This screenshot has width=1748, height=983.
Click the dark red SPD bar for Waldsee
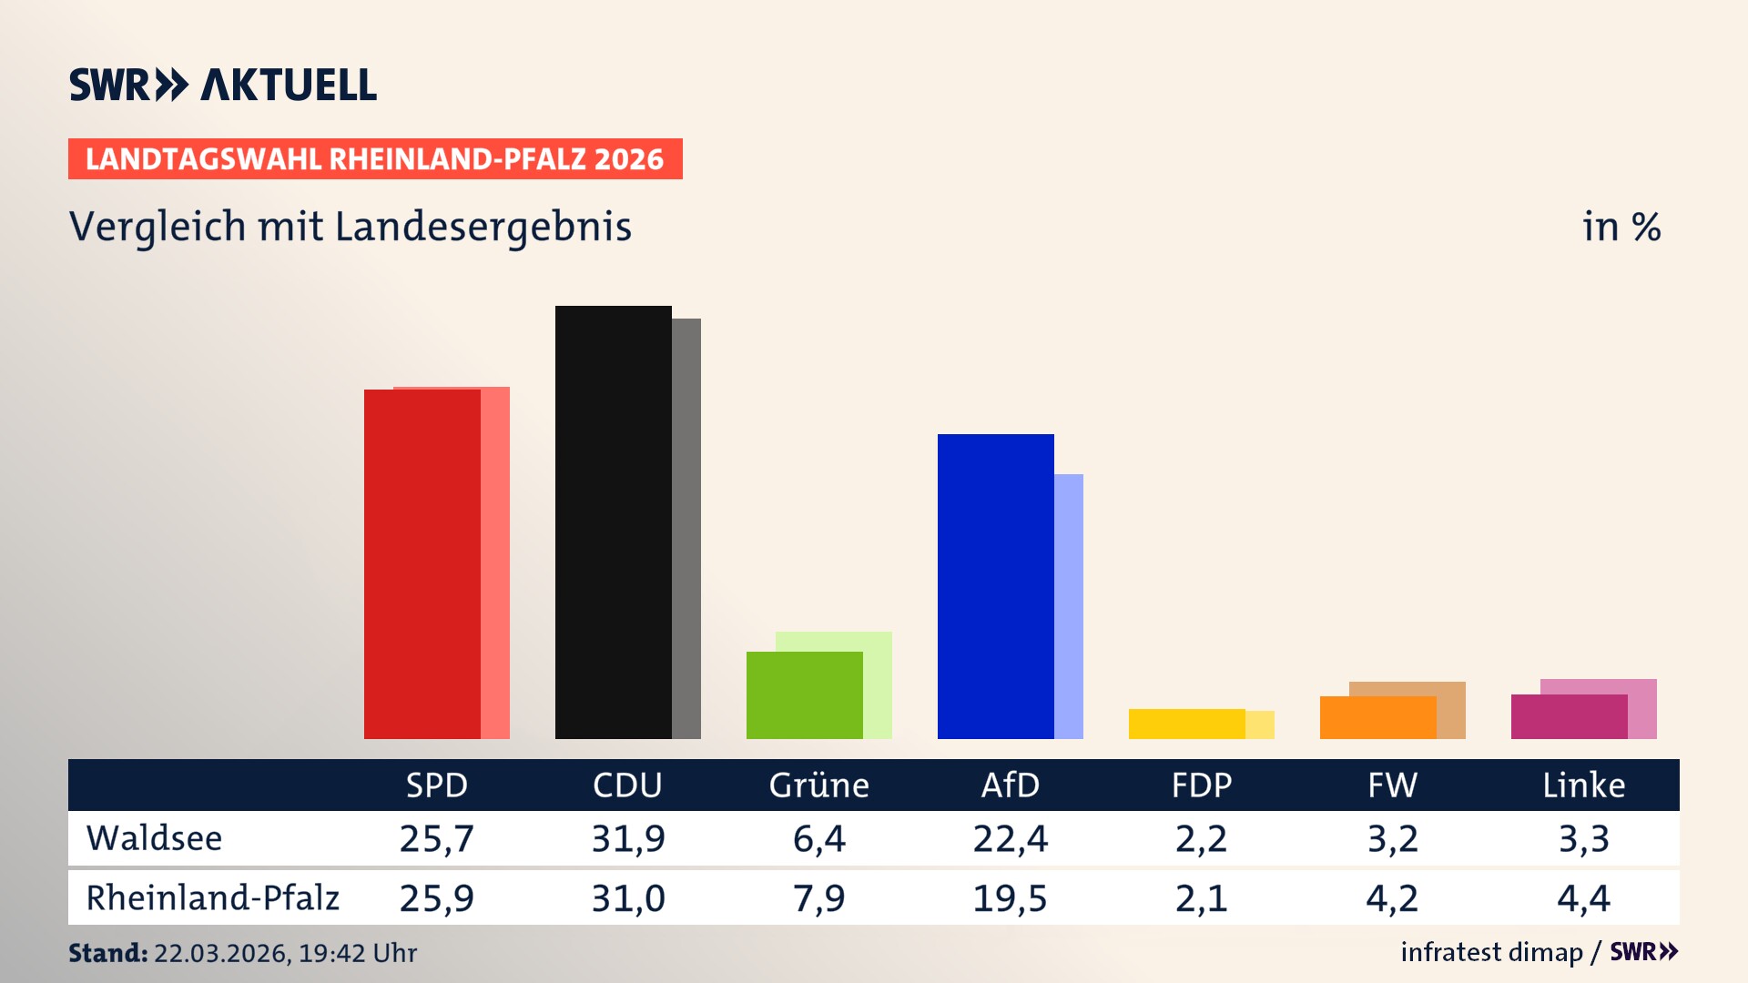(422, 564)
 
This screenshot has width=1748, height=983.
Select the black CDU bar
(613, 522)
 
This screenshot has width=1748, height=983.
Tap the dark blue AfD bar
(995, 586)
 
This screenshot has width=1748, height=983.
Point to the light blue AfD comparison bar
(1069, 606)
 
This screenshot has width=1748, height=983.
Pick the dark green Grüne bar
(804, 695)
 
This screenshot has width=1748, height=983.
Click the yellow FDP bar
(1186, 724)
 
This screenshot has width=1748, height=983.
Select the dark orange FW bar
(1377, 717)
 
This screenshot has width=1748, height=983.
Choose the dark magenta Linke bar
(1569, 716)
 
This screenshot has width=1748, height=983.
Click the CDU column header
(627, 785)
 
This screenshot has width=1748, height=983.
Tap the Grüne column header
(818, 785)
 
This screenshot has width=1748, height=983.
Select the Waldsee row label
(154, 838)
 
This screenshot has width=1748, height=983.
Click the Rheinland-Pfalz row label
(212, 898)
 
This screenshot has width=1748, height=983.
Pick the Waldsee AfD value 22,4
(1010, 838)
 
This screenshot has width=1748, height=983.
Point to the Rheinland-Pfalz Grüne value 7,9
(818, 898)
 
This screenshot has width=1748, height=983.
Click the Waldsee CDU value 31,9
(627, 838)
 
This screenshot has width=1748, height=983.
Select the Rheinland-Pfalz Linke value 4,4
(1583, 898)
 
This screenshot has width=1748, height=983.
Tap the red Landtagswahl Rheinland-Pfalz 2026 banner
(375, 159)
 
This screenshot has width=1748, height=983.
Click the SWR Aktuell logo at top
(222, 85)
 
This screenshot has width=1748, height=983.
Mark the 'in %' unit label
(1621, 227)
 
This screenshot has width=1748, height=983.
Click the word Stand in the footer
(107, 953)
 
